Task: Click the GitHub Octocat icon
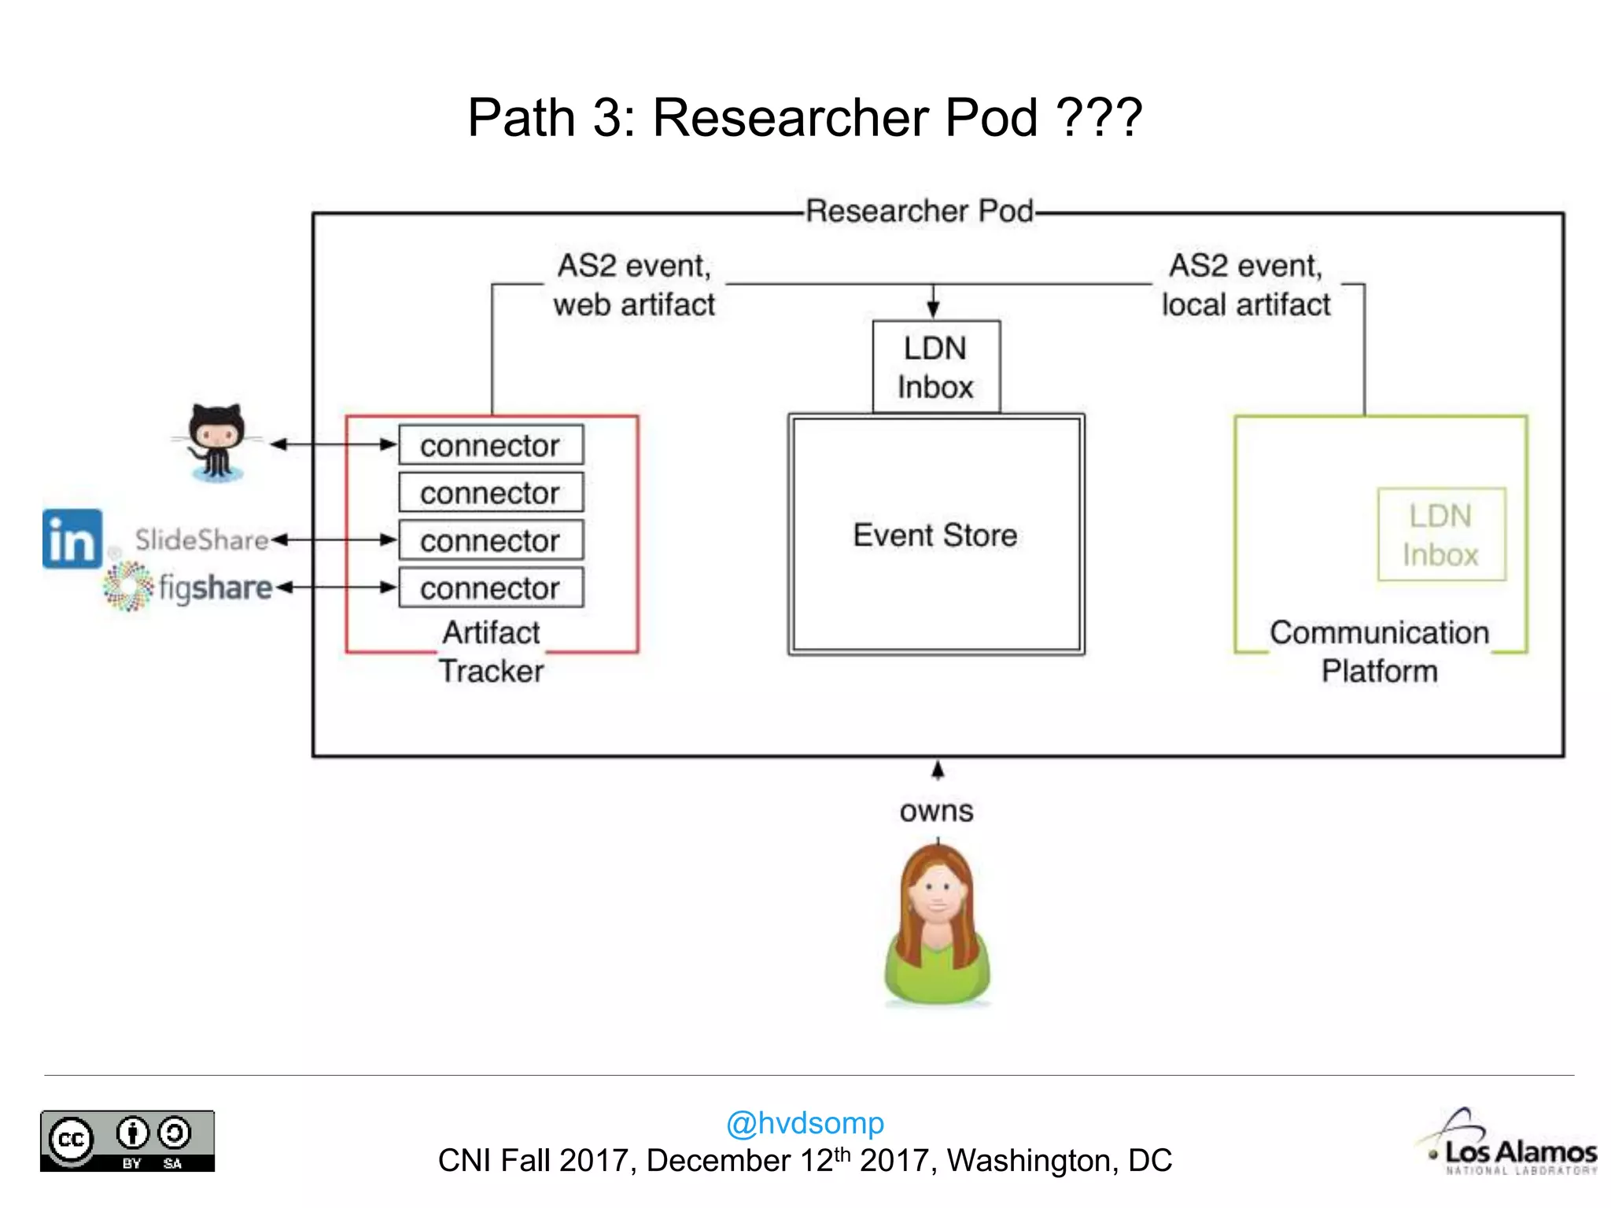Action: click(x=216, y=442)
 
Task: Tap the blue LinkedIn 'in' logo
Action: click(x=72, y=539)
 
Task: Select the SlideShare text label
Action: click(x=201, y=540)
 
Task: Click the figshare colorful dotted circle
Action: click(x=128, y=586)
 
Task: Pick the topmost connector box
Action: click(x=491, y=445)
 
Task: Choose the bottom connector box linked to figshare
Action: click(x=491, y=587)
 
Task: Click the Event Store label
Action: click(x=935, y=536)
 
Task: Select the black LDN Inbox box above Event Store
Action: click(x=936, y=366)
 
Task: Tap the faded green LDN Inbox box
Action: click(x=1441, y=535)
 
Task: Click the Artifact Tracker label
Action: click(x=492, y=651)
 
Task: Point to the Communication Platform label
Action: click(x=1380, y=651)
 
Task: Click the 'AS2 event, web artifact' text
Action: click(x=634, y=285)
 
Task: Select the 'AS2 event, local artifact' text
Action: click(x=1246, y=285)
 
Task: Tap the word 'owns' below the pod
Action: click(x=936, y=811)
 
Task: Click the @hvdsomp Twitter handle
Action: click(x=805, y=1122)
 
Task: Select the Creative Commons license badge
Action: click(x=127, y=1140)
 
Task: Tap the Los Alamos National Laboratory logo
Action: click(x=1510, y=1144)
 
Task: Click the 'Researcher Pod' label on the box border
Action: click(x=920, y=211)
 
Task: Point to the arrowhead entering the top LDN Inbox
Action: click(x=933, y=310)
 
